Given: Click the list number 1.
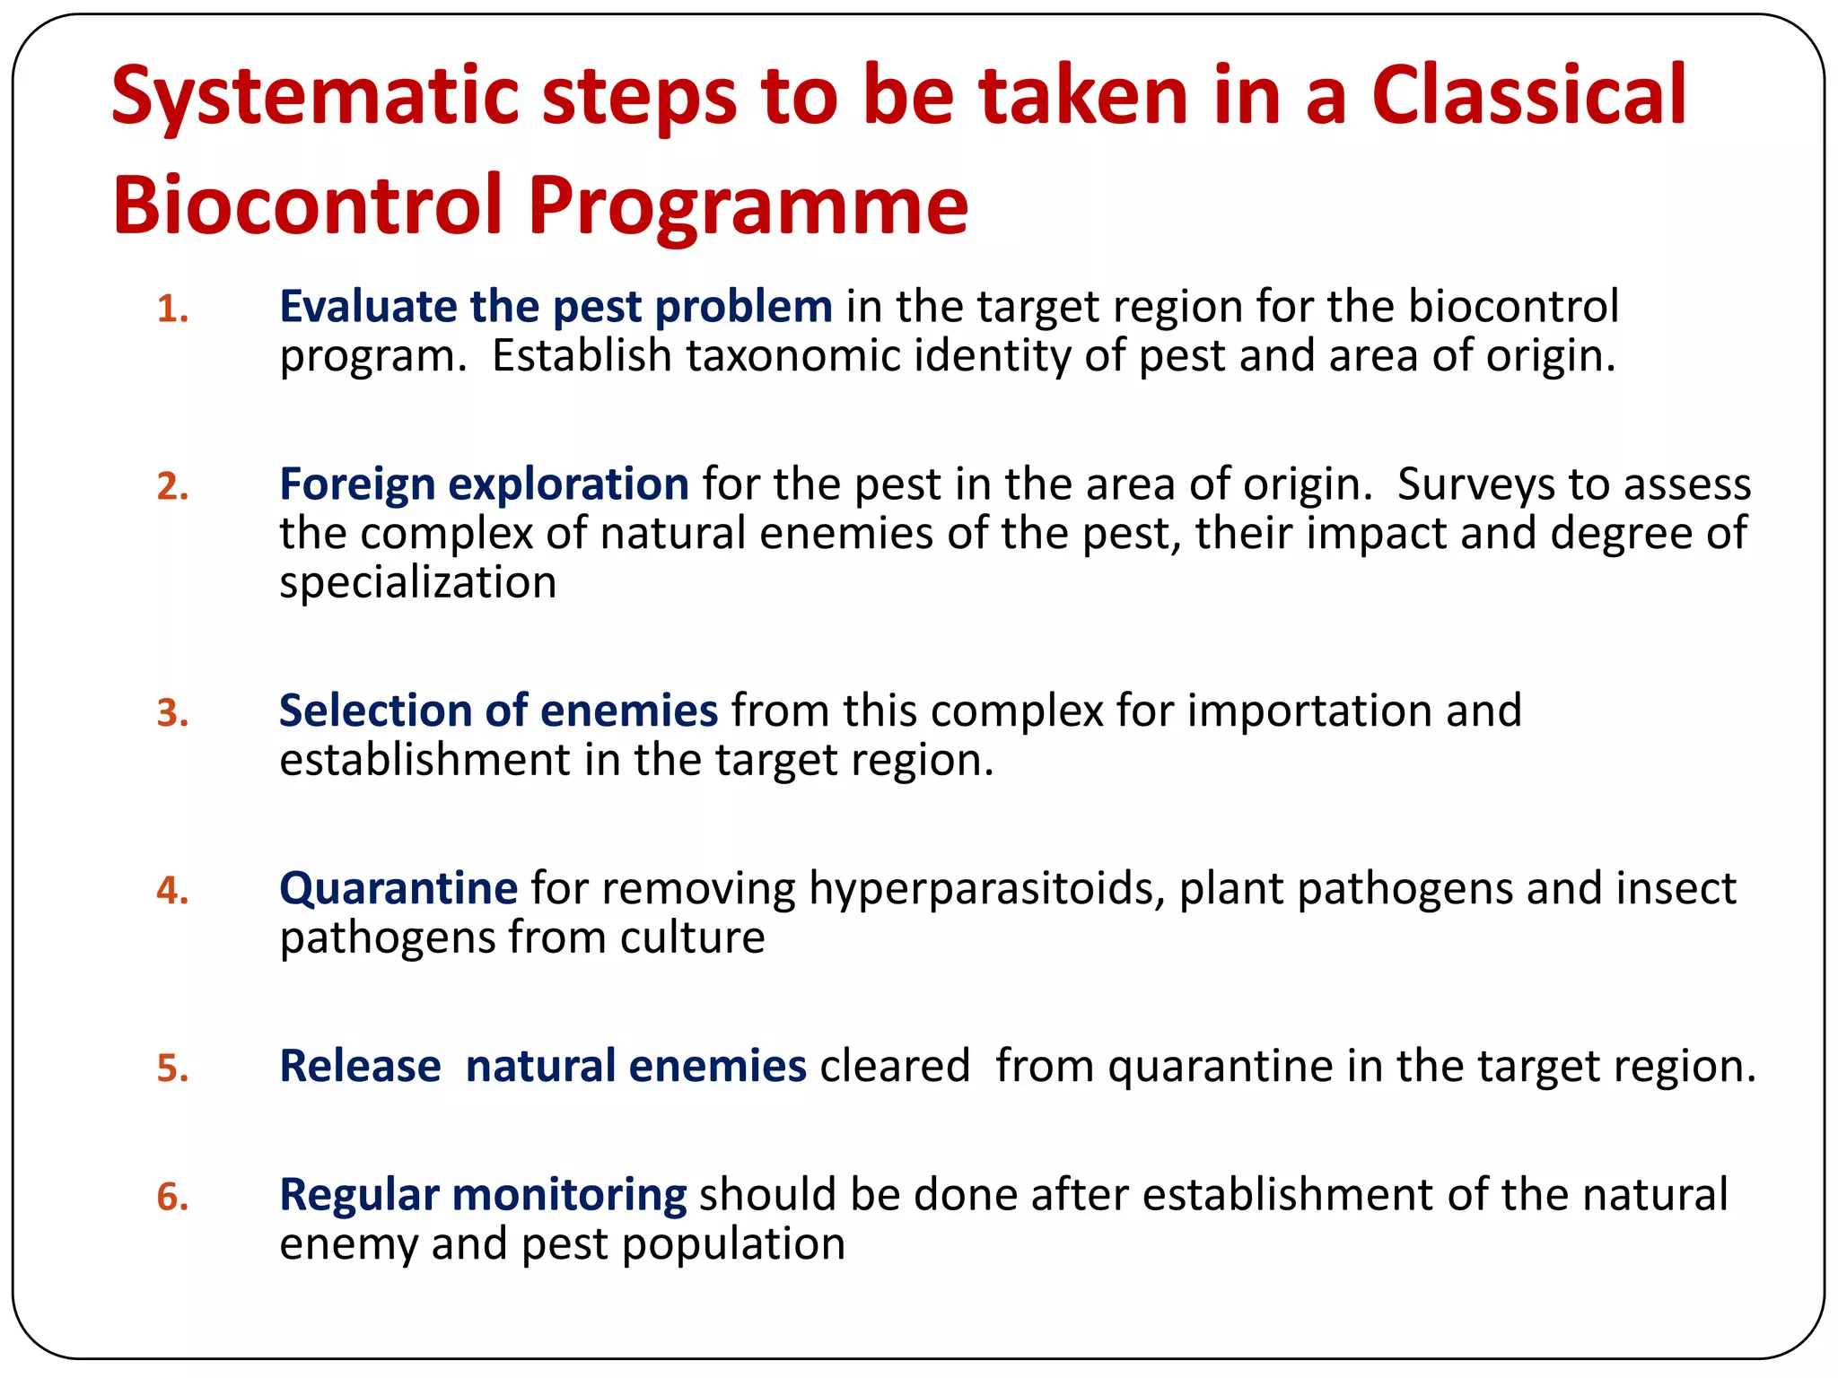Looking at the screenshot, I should coord(172,310).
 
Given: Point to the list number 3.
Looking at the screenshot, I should coord(172,713).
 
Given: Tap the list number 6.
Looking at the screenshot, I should coord(172,1198).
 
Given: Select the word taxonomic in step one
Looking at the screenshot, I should coord(793,356).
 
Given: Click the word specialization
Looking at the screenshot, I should coord(417,583).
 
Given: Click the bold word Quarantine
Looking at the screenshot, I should coord(398,888).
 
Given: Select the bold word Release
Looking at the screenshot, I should coord(360,1066).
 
